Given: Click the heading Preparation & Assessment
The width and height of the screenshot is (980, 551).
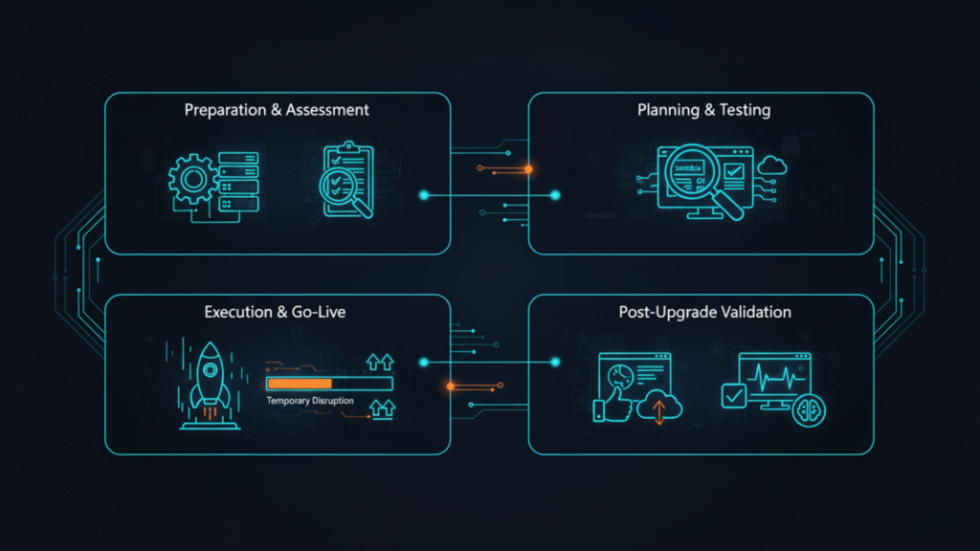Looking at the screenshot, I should coord(277,110).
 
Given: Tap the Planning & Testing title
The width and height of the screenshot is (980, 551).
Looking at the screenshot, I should coord(703,110).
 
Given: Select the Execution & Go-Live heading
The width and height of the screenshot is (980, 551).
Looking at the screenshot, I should coord(277,312).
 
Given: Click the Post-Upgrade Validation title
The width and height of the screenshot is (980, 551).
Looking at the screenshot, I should coord(703,312).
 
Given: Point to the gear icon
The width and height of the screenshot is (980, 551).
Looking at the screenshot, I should coord(194,180).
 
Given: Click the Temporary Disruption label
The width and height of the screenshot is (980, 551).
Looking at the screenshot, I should coord(310,401).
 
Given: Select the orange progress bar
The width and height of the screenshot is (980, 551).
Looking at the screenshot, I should coord(287,384).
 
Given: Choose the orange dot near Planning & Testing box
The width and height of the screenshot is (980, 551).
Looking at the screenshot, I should coord(528,169).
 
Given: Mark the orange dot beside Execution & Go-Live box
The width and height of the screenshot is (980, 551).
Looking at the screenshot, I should coord(450,386).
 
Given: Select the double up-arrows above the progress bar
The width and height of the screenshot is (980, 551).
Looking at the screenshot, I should coord(379,362).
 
